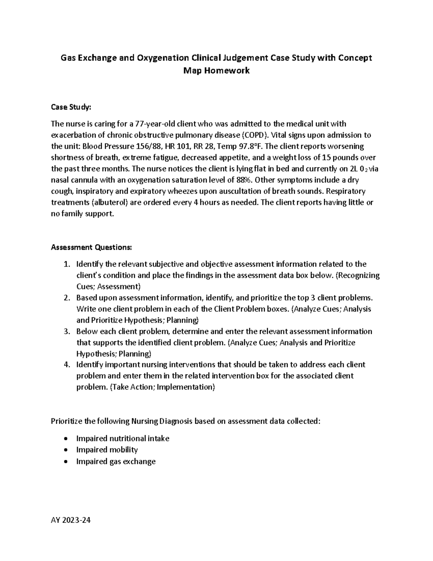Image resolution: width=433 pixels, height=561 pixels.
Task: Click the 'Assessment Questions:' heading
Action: click(x=92, y=247)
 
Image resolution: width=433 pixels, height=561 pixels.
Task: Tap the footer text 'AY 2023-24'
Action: click(x=71, y=521)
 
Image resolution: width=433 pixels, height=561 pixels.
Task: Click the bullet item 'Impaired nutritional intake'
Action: click(x=123, y=439)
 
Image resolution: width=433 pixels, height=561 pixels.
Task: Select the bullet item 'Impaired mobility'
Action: click(x=107, y=450)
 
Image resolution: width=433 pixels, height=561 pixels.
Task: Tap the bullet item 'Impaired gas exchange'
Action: click(x=116, y=461)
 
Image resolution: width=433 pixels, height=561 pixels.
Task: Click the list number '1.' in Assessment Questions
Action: click(x=66, y=264)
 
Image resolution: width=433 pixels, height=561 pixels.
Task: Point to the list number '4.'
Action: click(x=66, y=364)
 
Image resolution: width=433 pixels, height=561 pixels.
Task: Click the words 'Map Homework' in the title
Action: click(x=216, y=70)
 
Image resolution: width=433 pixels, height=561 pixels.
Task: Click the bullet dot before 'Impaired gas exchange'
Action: click(x=65, y=462)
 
